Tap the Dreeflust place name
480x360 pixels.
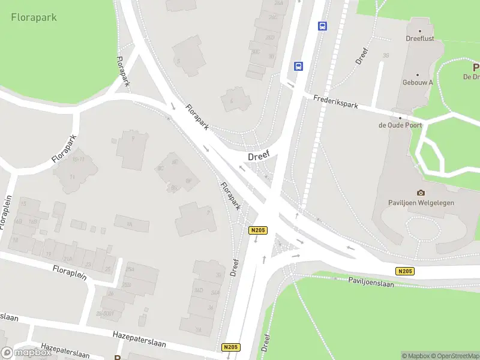[420, 41]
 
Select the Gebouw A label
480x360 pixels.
[418, 82]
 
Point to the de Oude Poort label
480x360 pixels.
[400, 125]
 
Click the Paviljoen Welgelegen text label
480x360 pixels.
[421, 203]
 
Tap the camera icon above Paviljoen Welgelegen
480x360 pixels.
[421, 193]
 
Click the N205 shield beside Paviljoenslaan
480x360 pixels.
[406, 271]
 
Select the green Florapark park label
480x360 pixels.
[34, 17]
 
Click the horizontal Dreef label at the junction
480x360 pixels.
[259, 155]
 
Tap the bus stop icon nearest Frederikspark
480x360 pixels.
[298, 66]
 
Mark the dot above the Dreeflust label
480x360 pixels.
[420, 31]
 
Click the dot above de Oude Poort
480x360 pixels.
[400, 118]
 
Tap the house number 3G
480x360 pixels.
[386, 56]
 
